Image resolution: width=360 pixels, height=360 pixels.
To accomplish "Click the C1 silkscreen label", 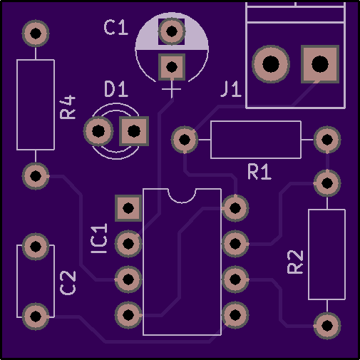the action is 116,28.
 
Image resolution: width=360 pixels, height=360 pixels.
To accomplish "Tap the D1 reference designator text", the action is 116,89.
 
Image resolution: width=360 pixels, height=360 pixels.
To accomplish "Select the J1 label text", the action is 231,89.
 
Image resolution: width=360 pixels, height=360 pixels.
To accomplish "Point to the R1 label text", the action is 259,172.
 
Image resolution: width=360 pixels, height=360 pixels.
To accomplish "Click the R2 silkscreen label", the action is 295,262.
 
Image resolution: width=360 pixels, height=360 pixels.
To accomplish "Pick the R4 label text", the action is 68,108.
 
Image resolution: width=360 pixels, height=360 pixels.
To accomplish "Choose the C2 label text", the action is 68,283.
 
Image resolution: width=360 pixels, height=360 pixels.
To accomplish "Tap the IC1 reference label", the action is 99,238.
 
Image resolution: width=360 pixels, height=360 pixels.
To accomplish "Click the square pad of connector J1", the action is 320,64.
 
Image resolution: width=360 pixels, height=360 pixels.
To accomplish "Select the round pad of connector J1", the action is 271,64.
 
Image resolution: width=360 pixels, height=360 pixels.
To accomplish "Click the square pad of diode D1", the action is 134,131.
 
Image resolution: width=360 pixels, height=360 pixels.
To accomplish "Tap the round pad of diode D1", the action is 98,131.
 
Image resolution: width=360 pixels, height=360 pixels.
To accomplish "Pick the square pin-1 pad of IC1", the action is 128,208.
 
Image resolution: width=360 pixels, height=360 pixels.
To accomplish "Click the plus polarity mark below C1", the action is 172,89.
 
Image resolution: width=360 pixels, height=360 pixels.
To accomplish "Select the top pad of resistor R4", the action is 36,34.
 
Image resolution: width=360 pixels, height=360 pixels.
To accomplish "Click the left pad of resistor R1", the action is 185,140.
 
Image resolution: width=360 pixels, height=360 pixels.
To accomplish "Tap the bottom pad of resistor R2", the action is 327,326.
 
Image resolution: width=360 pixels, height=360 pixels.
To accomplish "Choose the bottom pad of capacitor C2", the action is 36,317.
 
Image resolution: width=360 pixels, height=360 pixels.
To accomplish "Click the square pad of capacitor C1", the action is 172,67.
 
